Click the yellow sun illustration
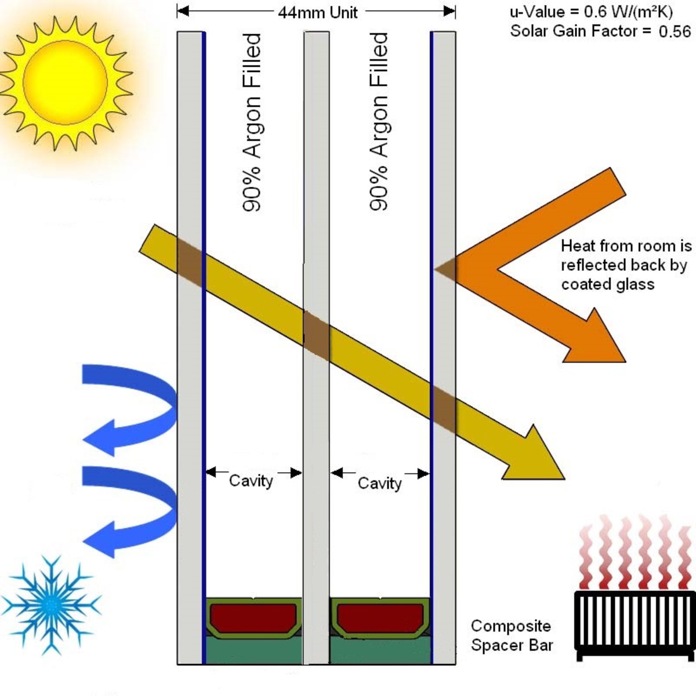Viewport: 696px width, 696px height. [x=66, y=83]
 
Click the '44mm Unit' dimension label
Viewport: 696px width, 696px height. [x=318, y=13]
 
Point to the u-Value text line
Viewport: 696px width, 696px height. [x=591, y=13]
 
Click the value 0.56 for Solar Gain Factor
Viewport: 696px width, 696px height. [x=675, y=32]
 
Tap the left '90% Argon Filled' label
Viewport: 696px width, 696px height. [x=251, y=122]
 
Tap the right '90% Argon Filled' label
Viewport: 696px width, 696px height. [x=379, y=122]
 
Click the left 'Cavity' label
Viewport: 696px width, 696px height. [x=251, y=481]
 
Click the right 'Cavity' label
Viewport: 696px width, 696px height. [x=379, y=483]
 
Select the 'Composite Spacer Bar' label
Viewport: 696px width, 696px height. [x=512, y=636]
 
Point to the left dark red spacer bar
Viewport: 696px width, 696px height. [x=253, y=617]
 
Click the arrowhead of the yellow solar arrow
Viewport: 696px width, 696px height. [x=538, y=456]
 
